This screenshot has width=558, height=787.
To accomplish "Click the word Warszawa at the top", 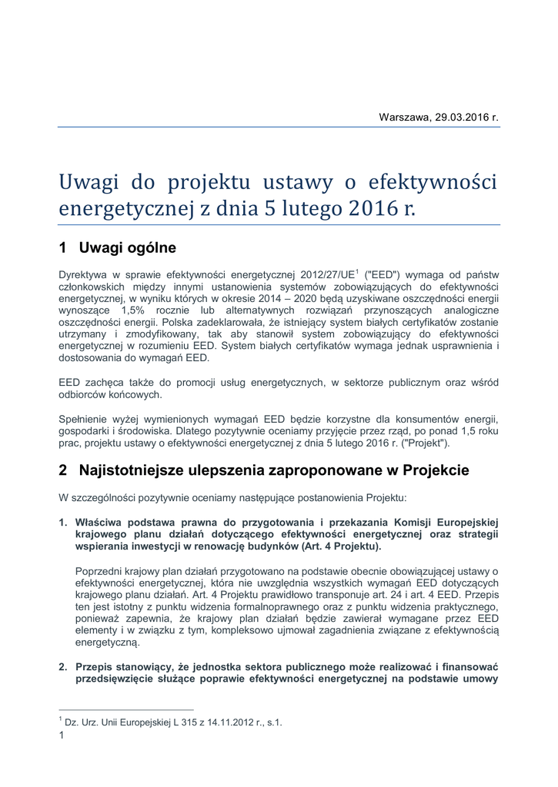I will click(x=405, y=118).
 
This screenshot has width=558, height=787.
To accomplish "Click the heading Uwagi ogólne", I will click(x=128, y=248).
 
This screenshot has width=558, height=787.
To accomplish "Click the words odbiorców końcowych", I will click(x=111, y=394).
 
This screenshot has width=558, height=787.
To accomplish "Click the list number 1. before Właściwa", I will click(x=63, y=523).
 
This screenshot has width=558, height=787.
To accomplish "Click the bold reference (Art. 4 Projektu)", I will click(x=332, y=547).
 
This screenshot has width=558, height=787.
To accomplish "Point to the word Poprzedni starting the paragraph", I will click(x=99, y=571).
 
